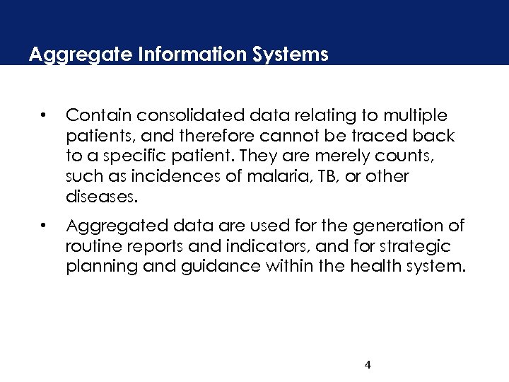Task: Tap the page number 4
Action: click(368, 365)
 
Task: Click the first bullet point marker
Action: click(44, 115)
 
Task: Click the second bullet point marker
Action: click(44, 226)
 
